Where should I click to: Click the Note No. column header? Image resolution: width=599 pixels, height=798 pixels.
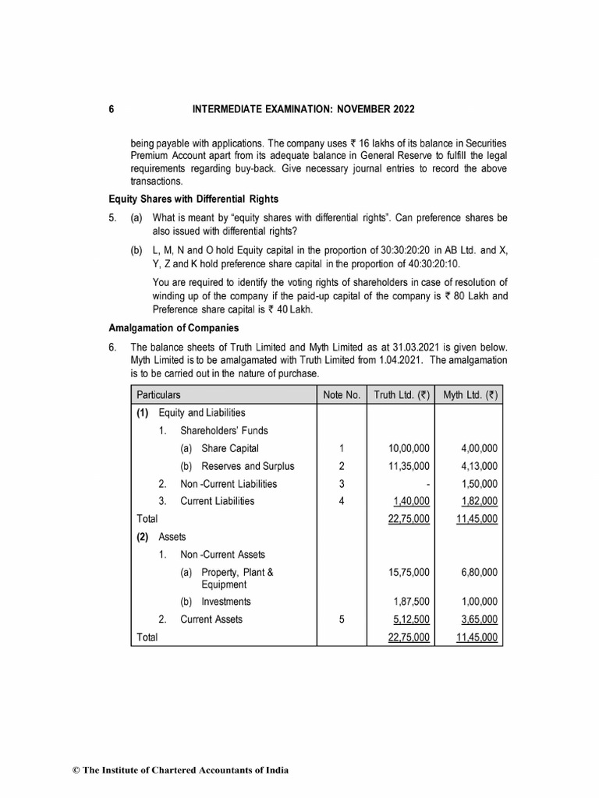[x=341, y=395]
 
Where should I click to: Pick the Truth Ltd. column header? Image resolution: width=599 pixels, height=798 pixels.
[x=401, y=395]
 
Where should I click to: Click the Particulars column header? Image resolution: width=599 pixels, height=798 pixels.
[x=158, y=395]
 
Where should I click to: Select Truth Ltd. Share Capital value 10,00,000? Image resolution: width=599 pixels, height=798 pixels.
[x=409, y=448]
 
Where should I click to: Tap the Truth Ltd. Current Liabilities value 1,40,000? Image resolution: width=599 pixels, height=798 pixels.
[x=409, y=501]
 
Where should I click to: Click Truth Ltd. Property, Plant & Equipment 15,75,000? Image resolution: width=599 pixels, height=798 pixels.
[x=409, y=572]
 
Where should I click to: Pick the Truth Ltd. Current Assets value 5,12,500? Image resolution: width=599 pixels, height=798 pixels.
[x=409, y=620]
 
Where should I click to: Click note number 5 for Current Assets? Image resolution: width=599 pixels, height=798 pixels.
[x=341, y=620]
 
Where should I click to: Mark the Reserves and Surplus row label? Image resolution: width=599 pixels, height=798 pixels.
[x=247, y=466]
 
